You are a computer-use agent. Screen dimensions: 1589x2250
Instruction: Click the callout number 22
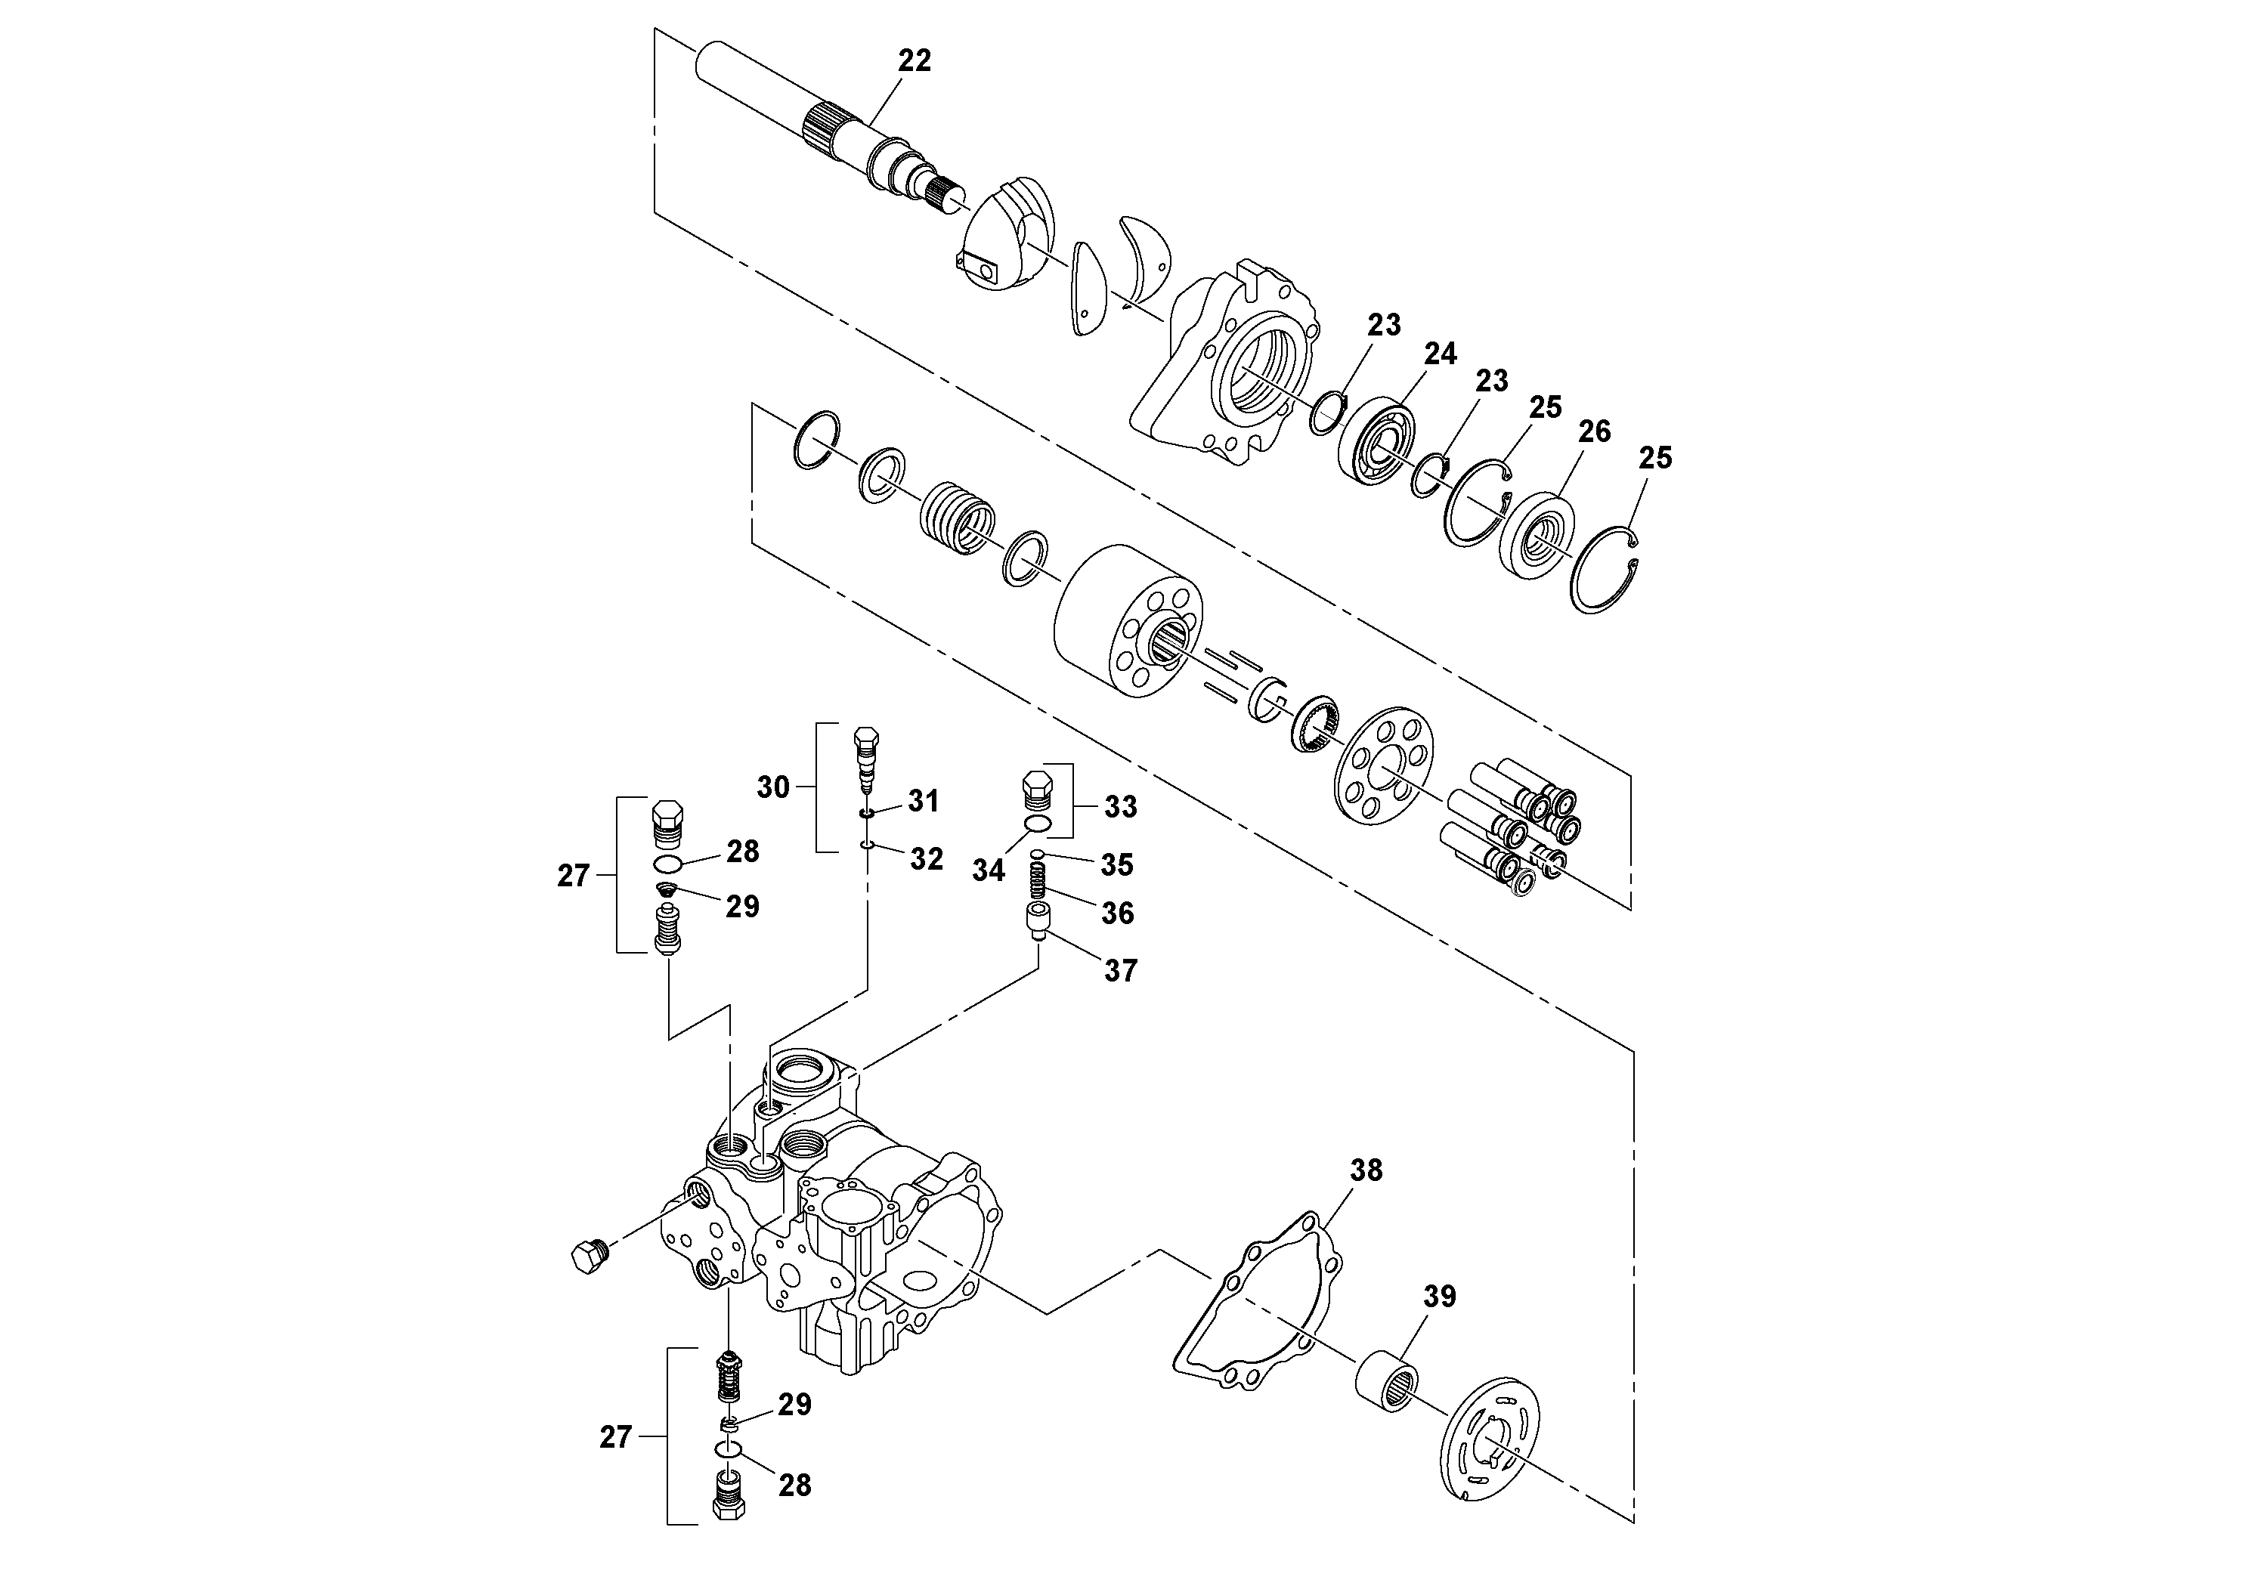[915, 60]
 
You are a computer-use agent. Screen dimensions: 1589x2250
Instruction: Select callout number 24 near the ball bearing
[1441, 353]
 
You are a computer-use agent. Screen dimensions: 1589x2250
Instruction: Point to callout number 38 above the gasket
[1366, 1170]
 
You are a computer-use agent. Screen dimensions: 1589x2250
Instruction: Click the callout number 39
[1440, 1296]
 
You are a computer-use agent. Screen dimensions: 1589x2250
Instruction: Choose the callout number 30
[773, 787]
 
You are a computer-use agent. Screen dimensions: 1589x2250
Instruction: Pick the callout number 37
[1120, 971]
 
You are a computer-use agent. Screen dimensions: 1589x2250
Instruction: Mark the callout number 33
[1120, 806]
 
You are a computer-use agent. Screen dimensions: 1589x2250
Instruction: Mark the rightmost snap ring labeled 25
[1607, 572]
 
